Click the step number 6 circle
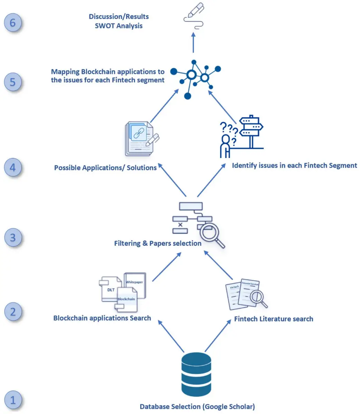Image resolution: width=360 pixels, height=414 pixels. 13,23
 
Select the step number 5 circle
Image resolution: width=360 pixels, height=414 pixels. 13,82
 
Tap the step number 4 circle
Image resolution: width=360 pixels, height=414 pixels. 13,168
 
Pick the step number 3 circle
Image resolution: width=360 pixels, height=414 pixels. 13,238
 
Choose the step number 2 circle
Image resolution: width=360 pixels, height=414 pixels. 13,312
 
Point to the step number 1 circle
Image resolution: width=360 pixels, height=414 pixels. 13,400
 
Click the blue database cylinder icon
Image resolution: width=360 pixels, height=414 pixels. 196,374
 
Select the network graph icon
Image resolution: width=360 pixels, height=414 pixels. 197,78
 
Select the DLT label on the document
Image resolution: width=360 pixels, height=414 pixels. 111,290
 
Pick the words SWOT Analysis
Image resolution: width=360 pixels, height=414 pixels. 119,26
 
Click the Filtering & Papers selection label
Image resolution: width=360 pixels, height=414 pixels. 158,243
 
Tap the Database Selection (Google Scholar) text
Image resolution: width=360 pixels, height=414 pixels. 197,406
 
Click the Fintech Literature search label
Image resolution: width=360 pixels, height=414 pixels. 273,319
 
